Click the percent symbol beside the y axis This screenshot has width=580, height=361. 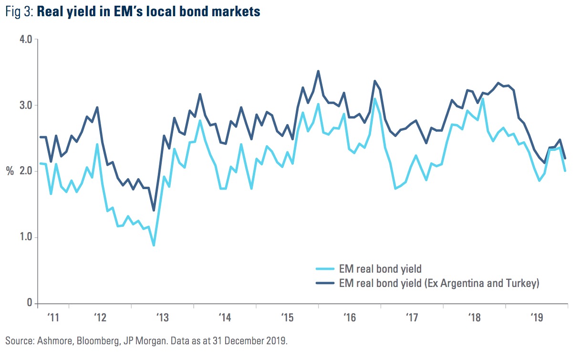(10, 171)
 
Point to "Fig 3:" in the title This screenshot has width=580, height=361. (19, 12)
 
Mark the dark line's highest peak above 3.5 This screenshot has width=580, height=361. (318, 71)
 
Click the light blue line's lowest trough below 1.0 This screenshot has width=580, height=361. (154, 245)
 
